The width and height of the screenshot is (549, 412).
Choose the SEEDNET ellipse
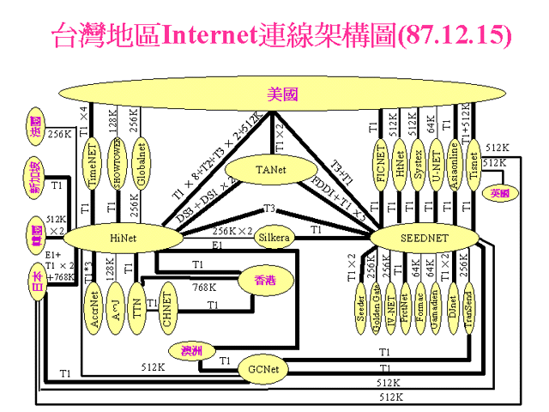point(420,236)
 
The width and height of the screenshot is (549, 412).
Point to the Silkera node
point(275,237)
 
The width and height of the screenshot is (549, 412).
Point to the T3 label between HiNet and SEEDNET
point(268,209)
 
